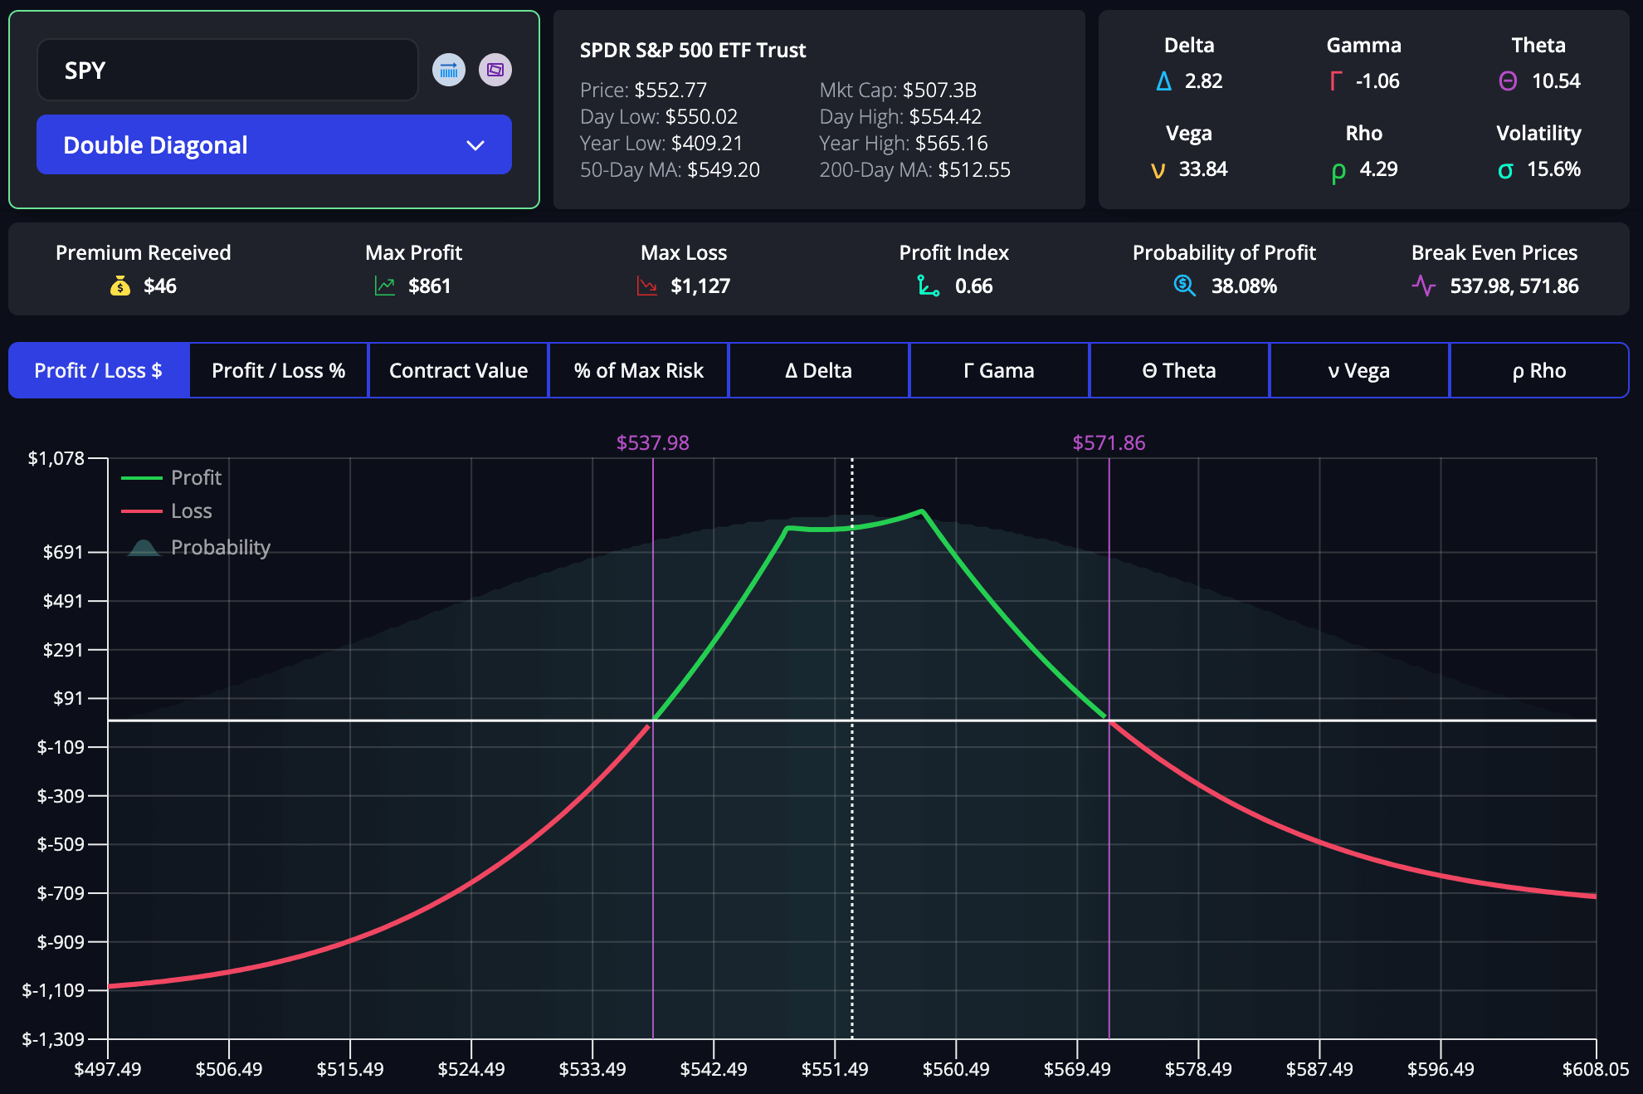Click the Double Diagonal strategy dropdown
(x=274, y=144)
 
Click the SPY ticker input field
(x=227, y=71)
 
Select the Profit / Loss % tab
(x=278, y=370)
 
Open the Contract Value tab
(x=458, y=370)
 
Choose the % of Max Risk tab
(x=638, y=370)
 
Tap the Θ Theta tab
(x=1178, y=370)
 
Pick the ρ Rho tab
(x=1538, y=370)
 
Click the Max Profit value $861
(x=429, y=286)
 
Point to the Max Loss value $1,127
(x=700, y=286)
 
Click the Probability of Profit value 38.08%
(x=1243, y=286)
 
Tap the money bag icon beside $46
(x=120, y=286)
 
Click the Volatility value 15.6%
(x=1553, y=169)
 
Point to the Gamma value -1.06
(x=1377, y=81)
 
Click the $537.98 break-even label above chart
(x=652, y=442)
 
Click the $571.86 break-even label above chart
(x=1109, y=442)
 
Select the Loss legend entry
(x=191, y=511)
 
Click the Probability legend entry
(x=220, y=548)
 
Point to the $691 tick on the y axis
(x=63, y=552)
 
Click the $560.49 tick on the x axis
(x=956, y=1069)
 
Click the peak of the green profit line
(x=922, y=511)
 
